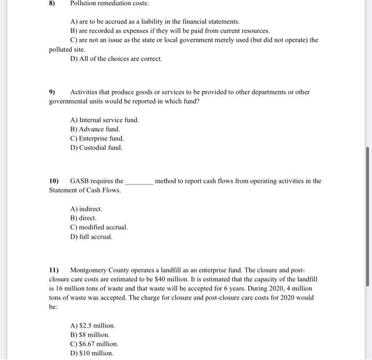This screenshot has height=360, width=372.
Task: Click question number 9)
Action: [x=52, y=92]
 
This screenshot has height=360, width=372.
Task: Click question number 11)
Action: [x=54, y=270]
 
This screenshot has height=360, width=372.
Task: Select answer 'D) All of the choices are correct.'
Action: [x=116, y=58]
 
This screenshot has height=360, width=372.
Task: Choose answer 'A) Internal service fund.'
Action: [x=104, y=120]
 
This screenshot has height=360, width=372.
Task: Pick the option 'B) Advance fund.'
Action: [x=95, y=129]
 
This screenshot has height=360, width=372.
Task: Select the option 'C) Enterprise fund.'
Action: [x=97, y=138]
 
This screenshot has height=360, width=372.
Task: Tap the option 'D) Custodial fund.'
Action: [x=96, y=147]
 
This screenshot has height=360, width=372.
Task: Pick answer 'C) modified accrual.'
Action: [x=98, y=227]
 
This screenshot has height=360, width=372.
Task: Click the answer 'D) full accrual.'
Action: [x=91, y=236]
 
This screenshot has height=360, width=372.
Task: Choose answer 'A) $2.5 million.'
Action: [x=92, y=325]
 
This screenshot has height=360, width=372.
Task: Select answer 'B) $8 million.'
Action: [x=90, y=335]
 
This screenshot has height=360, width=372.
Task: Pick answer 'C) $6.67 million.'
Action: [x=95, y=344]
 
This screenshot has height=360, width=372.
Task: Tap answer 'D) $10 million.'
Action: [x=91, y=353]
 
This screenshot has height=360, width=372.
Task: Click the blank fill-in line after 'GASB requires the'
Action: [x=139, y=182]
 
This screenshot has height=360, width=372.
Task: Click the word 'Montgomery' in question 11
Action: [x=88, y=270]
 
